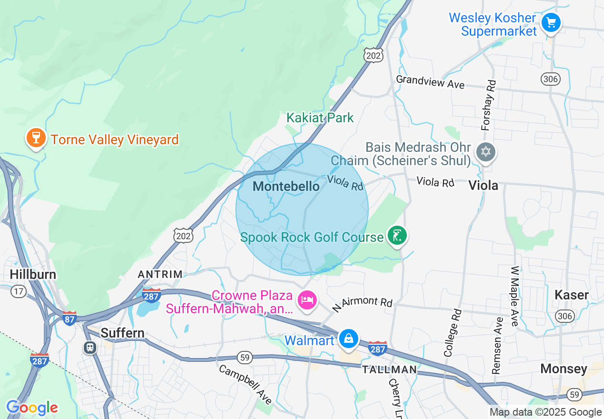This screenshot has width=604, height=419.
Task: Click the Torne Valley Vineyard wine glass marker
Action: [36, 138]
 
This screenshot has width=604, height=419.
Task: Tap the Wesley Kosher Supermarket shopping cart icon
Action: [551, 22]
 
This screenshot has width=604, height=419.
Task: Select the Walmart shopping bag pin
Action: [349, 339]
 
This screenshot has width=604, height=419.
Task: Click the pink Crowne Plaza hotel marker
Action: [307, 300]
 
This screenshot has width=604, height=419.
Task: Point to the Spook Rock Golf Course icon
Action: [396, 236]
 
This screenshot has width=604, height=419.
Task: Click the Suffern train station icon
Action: [90, 348]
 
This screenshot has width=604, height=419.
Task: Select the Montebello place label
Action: [286, 186]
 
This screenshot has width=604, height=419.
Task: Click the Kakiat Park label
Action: [320, 118]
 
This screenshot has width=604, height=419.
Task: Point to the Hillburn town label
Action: [33, 274]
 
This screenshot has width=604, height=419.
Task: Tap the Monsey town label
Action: [564, 369]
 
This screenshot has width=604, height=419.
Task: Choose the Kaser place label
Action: [572, 295]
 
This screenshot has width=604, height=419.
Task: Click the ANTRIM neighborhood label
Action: [160, 274]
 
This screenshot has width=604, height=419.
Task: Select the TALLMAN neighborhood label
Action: [389, 369]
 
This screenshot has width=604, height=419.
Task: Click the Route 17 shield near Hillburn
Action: [19, 291]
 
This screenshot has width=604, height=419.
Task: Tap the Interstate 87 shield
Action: [69, 318]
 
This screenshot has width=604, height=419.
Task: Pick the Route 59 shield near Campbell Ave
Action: [244, 358]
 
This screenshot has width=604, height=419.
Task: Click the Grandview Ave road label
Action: [430, 81]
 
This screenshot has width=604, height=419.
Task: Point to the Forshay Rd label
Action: [489, 106]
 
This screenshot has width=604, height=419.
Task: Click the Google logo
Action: [32, 408]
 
